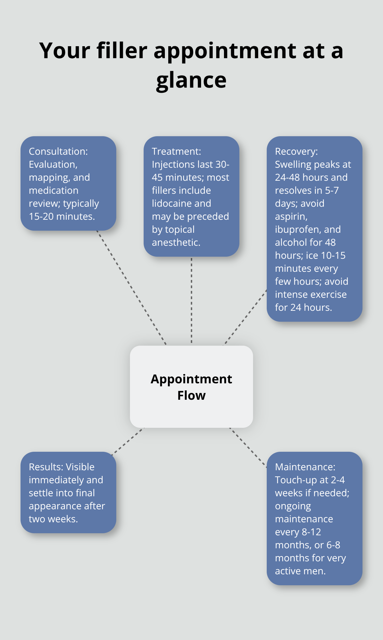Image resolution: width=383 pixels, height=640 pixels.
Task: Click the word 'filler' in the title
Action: (x=122, y=51)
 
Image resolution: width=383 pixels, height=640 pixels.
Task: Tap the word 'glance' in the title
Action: (x=191, y=81)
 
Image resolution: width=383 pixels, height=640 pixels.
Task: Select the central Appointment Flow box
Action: (x=191, y=387)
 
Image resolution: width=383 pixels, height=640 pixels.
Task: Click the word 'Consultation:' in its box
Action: (x=58, y=151)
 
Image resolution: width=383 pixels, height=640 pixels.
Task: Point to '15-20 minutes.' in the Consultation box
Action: (x=62, y=216)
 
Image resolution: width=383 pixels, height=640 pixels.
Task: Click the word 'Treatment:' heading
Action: (x=176, y=151)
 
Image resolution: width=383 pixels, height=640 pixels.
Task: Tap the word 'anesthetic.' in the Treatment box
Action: (x=176, y=242)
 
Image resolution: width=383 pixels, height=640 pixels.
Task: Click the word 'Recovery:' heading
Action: (x=296, y=151)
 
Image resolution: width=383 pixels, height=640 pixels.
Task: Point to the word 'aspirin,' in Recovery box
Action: (x=291, y=216)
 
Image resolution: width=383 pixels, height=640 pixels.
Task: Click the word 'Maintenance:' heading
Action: (x=305, y=467)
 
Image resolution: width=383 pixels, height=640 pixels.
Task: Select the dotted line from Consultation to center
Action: (x=132, y=287)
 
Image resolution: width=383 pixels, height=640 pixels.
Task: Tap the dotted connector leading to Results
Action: (x=128, y=441)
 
